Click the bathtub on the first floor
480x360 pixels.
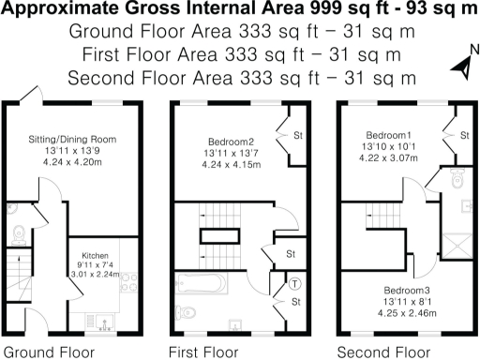(204, 282)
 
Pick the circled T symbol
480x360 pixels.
(293, 283)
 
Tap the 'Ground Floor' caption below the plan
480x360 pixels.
(41, 352)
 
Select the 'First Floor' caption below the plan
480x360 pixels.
(203, 352)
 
